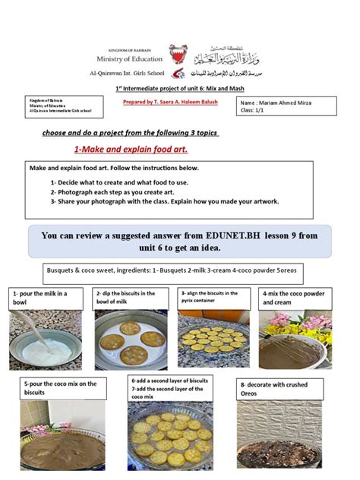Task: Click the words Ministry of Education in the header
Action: tap(130, 58)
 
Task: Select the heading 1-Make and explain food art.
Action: tap(131, 150)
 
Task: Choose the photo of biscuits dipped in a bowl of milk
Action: tap(131, 340)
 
